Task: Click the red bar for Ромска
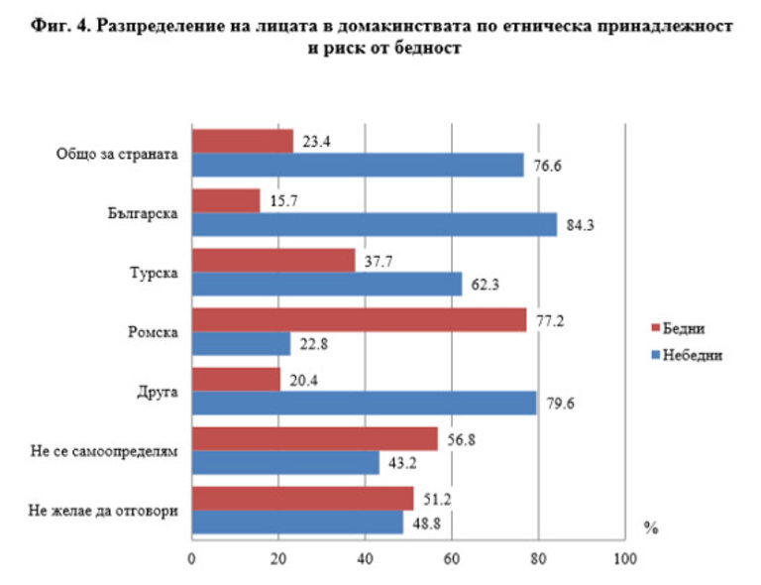(x=359, y=319)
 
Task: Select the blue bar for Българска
(x=374, y=224)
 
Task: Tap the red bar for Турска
(x=272, y=260)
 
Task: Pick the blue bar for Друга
(x=364, y=403)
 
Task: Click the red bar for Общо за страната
(x=242, y=141)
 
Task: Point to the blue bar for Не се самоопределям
(x=285, y=462)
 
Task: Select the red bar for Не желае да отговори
(x=302, y=498)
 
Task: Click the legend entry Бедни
(x=684, y=328)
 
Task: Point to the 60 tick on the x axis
(x=452, y=559)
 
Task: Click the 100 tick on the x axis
(x=625, y=559)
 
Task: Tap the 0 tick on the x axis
(x=191, y=559)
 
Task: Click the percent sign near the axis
(x=651, y=527)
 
